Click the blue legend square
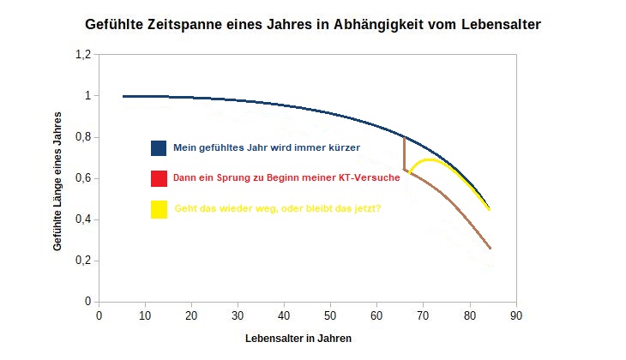158,148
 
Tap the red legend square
158,179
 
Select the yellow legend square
158,210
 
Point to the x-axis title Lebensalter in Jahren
298,339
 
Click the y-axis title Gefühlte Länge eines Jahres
57,179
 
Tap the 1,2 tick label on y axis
83,55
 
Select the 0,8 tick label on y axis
83,137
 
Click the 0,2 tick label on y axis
83,261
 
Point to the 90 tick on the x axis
515,315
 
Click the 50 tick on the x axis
330,315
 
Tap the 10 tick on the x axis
145,315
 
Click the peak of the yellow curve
429,159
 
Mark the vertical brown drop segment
404,154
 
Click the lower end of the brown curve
490,249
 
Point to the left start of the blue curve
124,96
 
